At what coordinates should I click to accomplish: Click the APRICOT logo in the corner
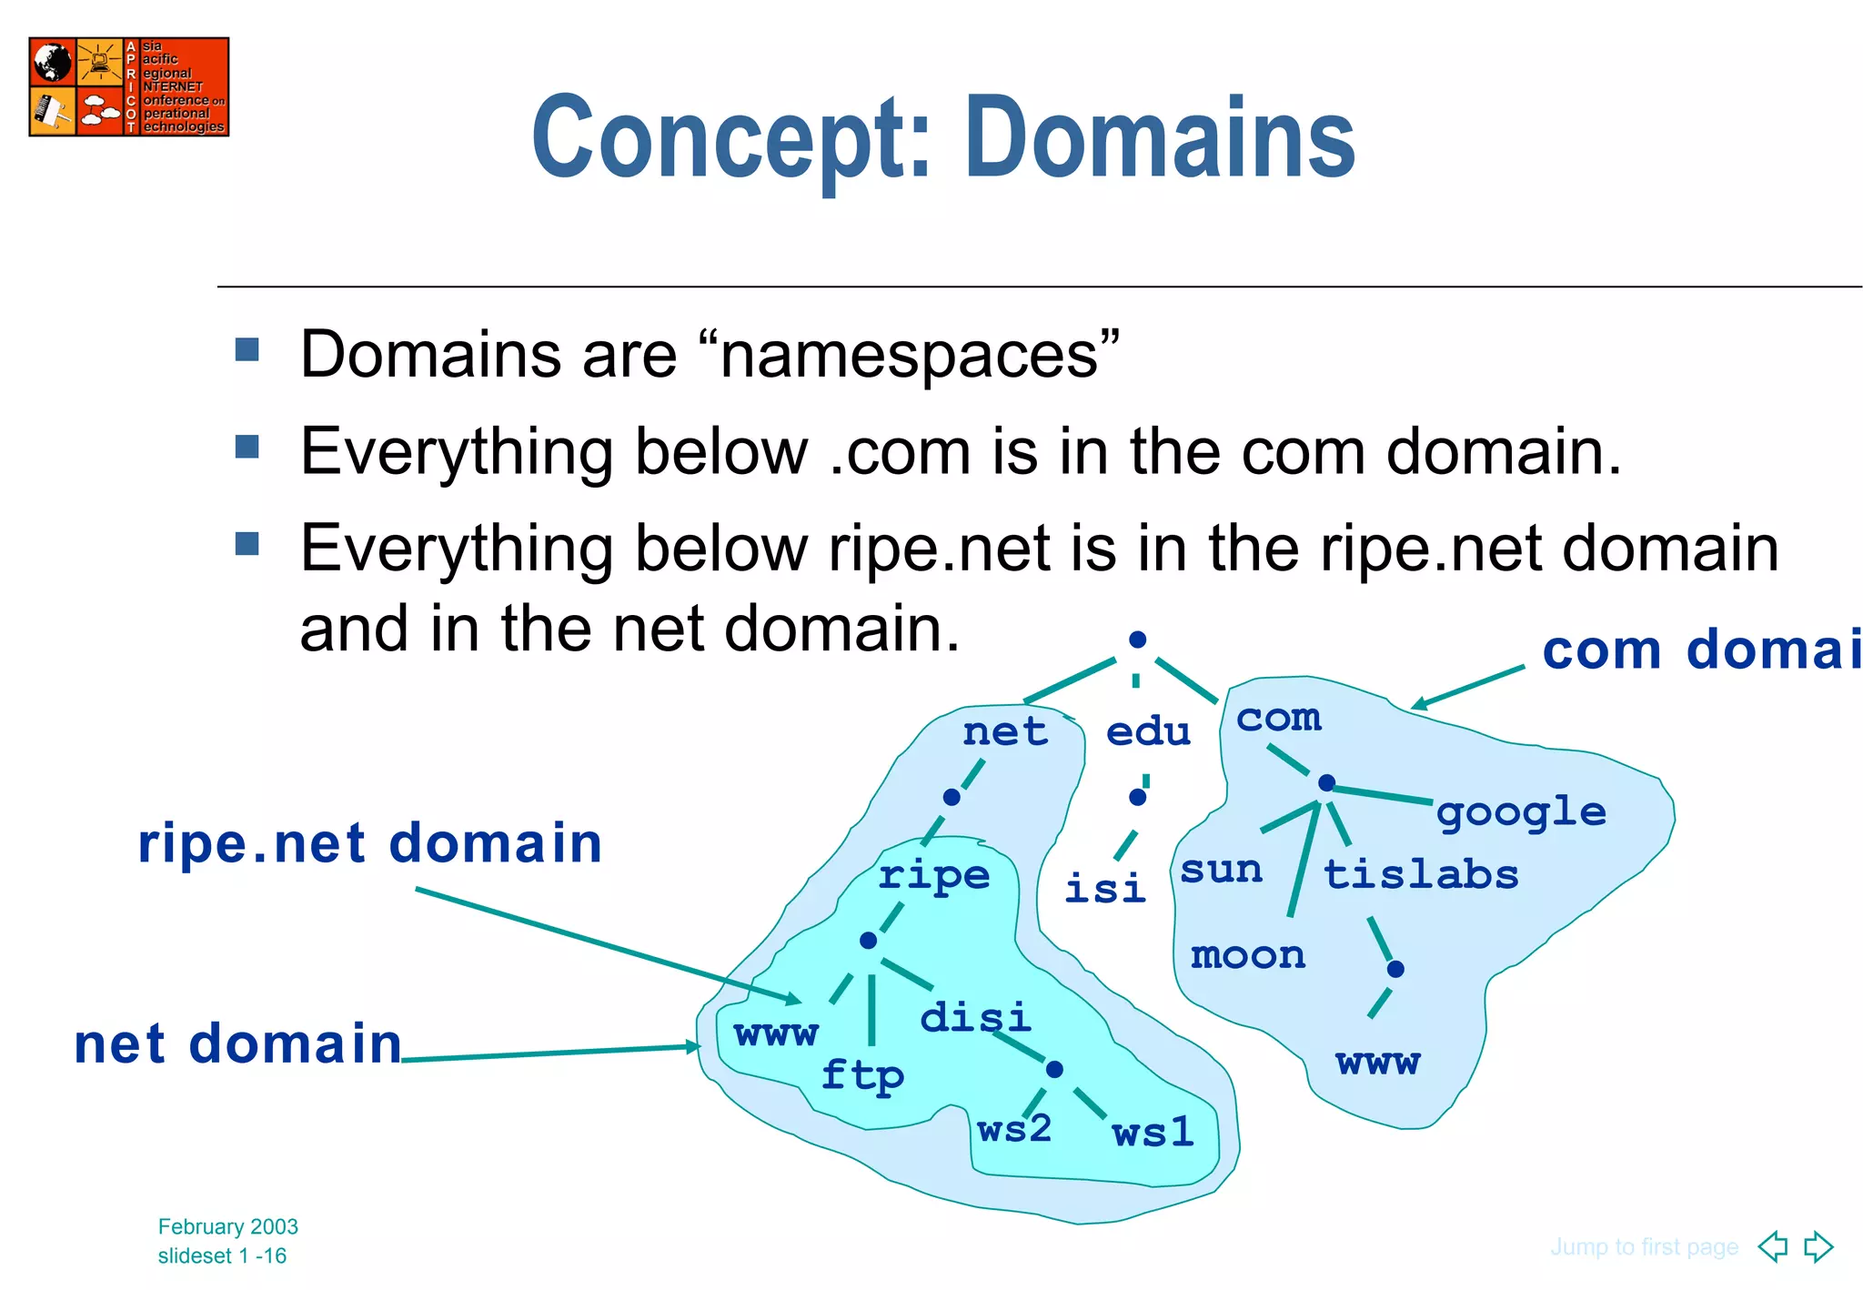coord(128,86)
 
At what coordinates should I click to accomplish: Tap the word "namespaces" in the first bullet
coord(910,355)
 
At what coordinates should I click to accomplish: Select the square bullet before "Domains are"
coord(247,350)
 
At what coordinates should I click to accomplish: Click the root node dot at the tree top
coord(1137,640)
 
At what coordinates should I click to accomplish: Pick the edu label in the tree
coord(1148,731)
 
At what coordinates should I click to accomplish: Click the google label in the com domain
coord(1521,812)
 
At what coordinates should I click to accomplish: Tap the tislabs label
coord(1420,874)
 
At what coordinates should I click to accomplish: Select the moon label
coord(1248,955)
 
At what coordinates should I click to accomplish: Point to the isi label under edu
coord(1104,888)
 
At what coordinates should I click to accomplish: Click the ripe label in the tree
coord(934,875)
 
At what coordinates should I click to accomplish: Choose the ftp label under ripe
coord(862,1075)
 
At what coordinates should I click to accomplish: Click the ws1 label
coord(1153,1133)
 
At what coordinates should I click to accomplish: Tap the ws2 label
coord(1014,1129)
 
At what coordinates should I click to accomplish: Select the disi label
coord(975,1017)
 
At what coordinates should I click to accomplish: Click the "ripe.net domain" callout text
coord(369,842)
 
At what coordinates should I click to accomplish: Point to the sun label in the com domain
coord(1221,870)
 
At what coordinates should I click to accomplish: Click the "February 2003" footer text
coord(227,1226)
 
